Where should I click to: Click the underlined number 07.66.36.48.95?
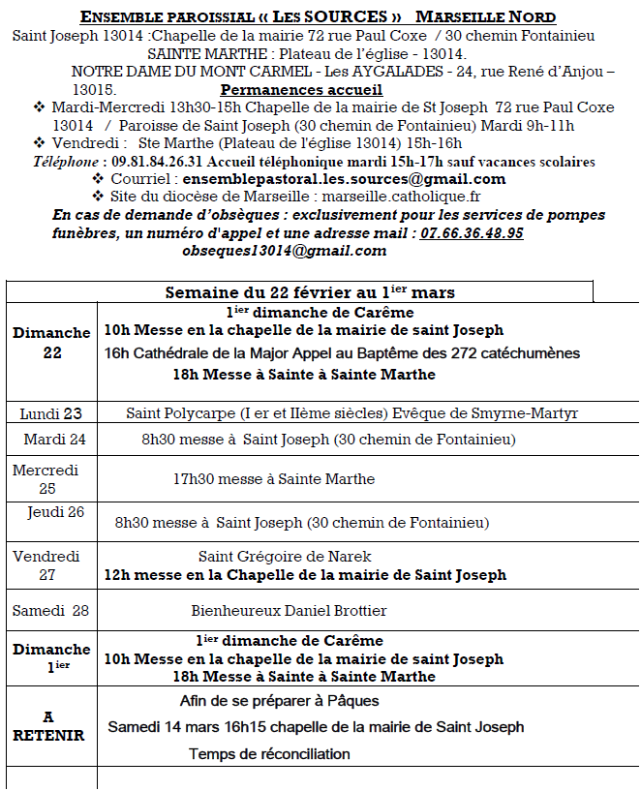[472, 233]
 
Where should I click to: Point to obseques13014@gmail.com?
[284, 251]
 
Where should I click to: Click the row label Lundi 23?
[52, 413]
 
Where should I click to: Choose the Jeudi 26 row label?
[56, 512]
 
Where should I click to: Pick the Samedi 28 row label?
[53, 611]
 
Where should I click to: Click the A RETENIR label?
[48, 726]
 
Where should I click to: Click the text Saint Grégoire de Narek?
[285, 557]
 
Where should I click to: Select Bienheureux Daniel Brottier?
[289, 611]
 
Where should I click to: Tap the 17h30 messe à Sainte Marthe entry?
[273, 479]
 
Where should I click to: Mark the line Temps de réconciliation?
[269, 754]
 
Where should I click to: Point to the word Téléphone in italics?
[66, 162]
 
